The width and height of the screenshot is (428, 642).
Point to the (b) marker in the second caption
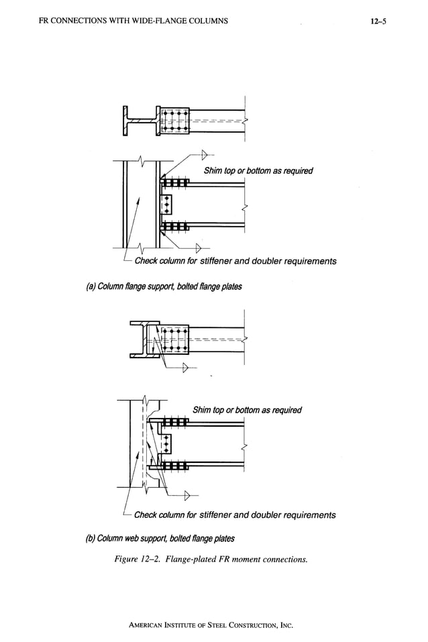pos(94,538)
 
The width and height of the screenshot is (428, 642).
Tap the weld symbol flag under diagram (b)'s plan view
pos(185,368)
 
